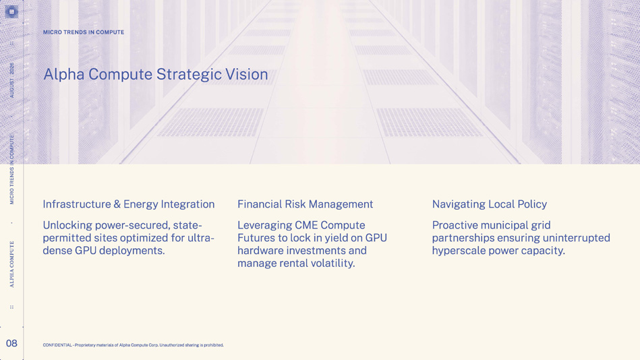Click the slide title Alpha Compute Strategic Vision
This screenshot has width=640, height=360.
point(156,75)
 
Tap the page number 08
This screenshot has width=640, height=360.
point(11,343)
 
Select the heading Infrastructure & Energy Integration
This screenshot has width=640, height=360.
point(129,204)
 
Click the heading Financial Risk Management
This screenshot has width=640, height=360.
point(306,204)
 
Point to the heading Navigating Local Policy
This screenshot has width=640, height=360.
point(490,204)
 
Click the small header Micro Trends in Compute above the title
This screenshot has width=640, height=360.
point(84,32)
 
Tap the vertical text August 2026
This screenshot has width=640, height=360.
point(12,80)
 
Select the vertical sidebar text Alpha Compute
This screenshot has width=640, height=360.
point(12,264)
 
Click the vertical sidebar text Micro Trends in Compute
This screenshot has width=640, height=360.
point(12,169)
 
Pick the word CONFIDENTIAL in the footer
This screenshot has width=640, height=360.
point(57,345)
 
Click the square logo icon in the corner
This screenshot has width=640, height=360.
point(11,11)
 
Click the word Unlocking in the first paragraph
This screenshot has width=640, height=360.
point(67,225)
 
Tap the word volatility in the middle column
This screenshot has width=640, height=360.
point(332,264)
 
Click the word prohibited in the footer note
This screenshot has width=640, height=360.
point(214,345)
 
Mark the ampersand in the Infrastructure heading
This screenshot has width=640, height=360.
point(117,204)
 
